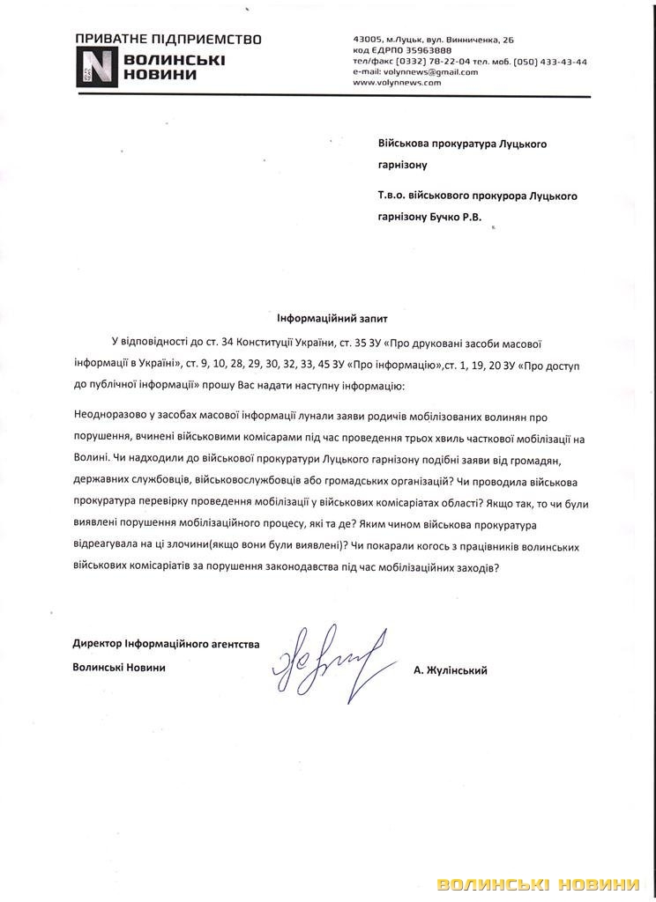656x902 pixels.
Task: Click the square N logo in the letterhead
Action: [93, 66]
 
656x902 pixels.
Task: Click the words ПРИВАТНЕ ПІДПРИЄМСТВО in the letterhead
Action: [168, 40]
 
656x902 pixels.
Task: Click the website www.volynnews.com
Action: [396, 82]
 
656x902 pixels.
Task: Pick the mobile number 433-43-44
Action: [564, 62]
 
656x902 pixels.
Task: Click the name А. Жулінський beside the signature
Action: [450, 670]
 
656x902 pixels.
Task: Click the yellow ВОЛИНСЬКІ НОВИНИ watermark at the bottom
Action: [538, 884]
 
